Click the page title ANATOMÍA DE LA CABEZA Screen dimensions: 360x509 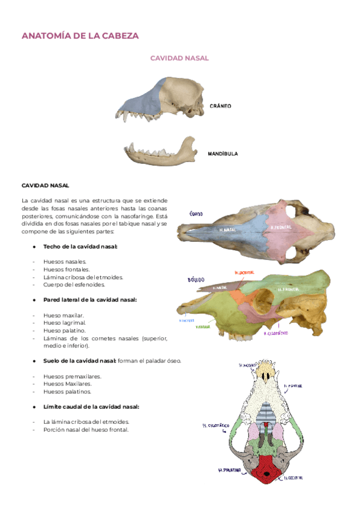click(x=80, y=36)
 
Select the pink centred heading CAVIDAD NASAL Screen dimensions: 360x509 click(x=179, y=58)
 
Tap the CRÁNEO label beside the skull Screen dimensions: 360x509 click(x=220, y=106)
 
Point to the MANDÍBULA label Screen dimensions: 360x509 click(x=223, y=154)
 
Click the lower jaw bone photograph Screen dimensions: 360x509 click(x=161, y=153)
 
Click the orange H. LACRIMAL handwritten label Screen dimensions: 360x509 click(x=240, y=273)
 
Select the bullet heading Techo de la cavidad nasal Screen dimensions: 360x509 click(x=80, y=247)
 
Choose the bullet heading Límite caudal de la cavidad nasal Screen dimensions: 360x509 click(x=91, y=406)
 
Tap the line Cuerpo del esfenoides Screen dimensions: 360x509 click(x=74, y=285)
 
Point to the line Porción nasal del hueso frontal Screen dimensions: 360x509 click(x=86, y=429)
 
